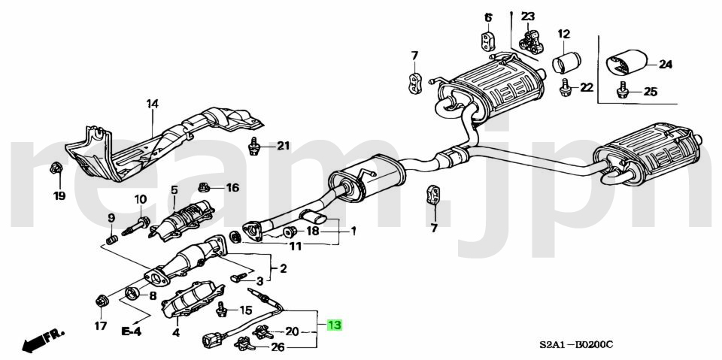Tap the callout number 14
coord(153,104)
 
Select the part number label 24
coord(665,65)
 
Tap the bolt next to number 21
coord(255,146)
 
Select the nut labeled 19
coord(57,169)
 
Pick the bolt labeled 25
coord(622,92)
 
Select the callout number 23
coord(528,17)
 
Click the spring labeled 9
coord(111,241)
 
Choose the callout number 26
coord(278,347)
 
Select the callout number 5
coord(174,190)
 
